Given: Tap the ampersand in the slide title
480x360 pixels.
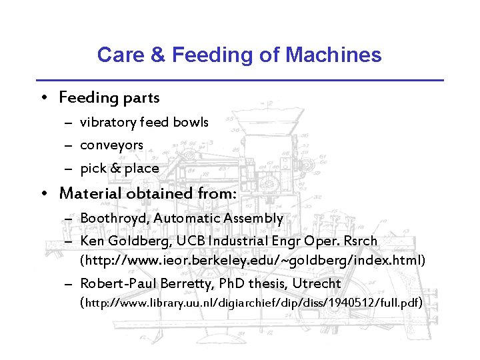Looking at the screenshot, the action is pyautogui.click(x=157, y=55).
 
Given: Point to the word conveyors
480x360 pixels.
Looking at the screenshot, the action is pyautogui.click(x=111, y=145).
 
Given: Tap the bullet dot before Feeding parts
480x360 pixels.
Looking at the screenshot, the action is pyautogui.click(x=43, y=99).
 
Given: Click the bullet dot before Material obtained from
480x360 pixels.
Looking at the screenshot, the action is pyautogui.click(x=43, y=195).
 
